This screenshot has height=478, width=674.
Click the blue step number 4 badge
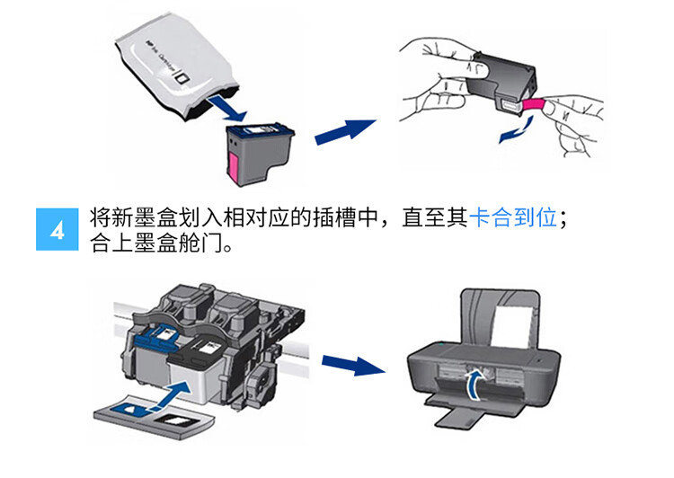tap(58, 231)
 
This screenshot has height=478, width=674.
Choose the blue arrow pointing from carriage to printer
tap(348, 365)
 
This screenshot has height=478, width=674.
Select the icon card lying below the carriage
tap(154, 415)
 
